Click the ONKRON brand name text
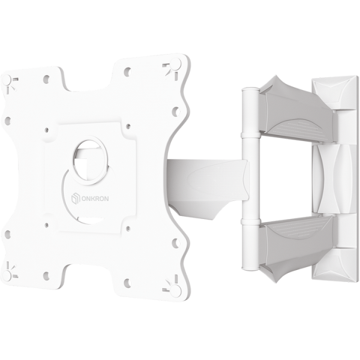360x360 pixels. tap(95, 199)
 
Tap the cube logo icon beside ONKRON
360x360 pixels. tap(76, 199)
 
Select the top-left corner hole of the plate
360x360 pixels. tap(7, 80)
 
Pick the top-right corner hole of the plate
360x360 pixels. tap(176, 63)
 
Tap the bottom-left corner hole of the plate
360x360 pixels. tap(7, 275)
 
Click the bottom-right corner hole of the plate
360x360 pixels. tap(176, 288)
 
